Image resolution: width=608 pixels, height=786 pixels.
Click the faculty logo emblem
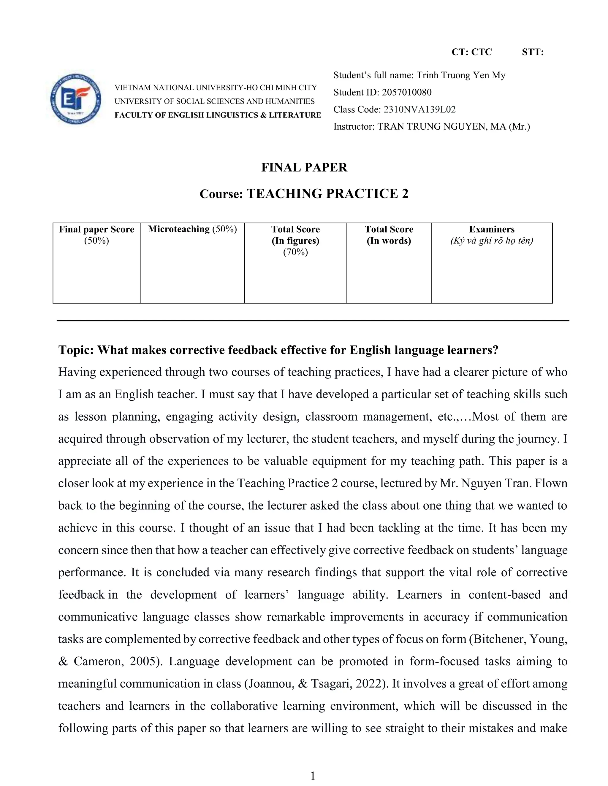(76, 99)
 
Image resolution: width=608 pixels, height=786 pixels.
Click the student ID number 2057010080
(406, 92)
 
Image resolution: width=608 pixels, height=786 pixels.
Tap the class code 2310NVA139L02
(419, 109)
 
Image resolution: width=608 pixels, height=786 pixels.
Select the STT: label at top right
(532, 52)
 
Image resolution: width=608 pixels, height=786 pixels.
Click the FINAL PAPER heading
(304, 167)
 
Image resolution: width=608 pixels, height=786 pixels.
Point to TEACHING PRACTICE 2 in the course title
(327, 194)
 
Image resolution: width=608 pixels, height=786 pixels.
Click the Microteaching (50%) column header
(192, 229)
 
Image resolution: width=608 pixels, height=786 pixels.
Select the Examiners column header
(491, 229)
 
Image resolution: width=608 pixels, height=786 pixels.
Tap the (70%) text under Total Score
(295, 252)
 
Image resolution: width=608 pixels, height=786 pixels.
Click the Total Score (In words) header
(389, 235)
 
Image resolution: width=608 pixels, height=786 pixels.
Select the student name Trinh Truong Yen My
(461, 75)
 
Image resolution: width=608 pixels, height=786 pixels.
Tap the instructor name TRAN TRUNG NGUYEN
(432, 127)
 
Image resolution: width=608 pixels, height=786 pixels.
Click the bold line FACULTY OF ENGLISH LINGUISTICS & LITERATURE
(217, 115)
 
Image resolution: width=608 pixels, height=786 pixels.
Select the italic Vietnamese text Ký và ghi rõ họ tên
(491, 241)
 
